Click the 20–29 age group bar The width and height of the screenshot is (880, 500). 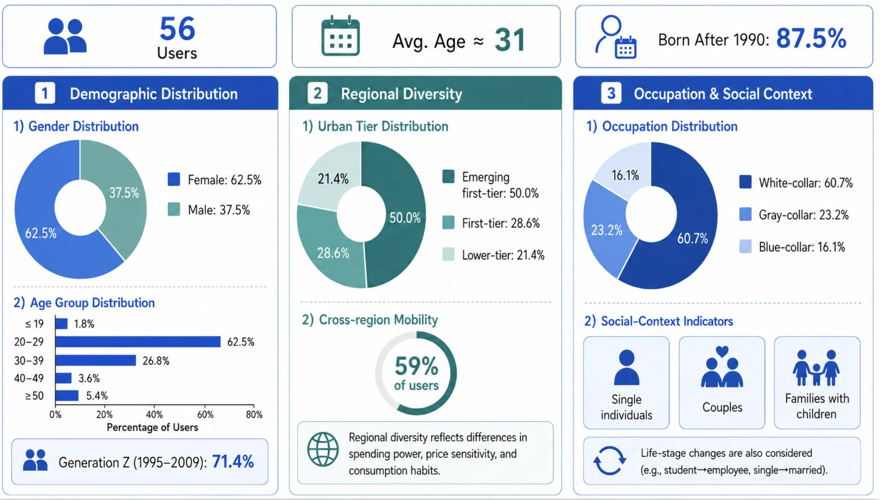point(138,342)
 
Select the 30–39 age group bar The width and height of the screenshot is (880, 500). point(96,360)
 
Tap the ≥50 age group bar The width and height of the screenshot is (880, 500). point(67,396)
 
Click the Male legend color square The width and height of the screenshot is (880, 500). point(174,209)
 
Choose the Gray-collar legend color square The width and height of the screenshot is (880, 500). point(745,214)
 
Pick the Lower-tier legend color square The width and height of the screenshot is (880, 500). point(448,254)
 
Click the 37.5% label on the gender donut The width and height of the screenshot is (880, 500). point(124,193)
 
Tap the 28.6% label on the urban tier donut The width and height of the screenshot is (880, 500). point(333,253)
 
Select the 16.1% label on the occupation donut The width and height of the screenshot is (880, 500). point(625,175)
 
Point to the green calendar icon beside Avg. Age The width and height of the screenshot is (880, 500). point(340,36)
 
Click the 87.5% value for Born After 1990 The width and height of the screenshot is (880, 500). point(811,38)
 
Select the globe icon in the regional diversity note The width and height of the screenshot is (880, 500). point(323,449)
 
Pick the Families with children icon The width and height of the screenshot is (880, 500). point(817,368)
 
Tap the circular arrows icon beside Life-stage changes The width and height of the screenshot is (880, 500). point(609,460)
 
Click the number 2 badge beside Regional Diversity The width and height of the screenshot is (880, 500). point(318,93)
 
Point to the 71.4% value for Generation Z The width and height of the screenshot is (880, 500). point(233,462)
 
